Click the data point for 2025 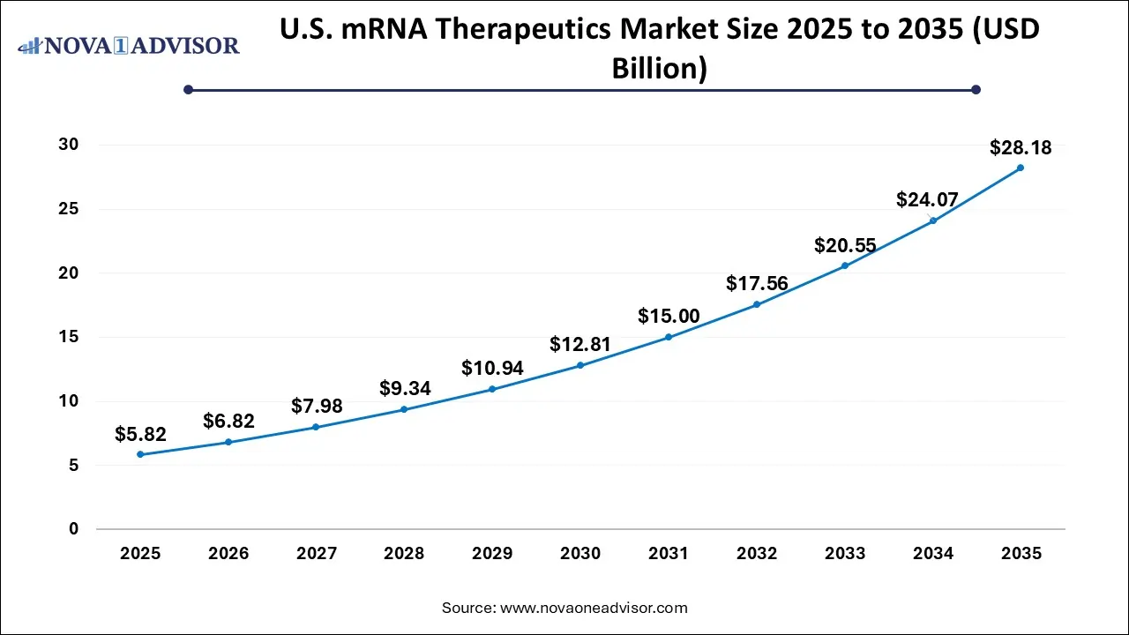click(140, 454)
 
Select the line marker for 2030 click(580, 365)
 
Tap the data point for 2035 click(1021, 168)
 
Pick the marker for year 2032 click(757, 304)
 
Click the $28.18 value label click(1021, 147)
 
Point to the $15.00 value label click(669, 317)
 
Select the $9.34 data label click(404, 388)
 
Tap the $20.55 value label click(845, 245)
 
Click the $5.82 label click(140, 434)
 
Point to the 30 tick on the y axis click(69, 145)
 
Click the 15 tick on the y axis click(69, 337)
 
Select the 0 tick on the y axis click(74, 529)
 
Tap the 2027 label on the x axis click(317, 554)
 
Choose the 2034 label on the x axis click(933, 554)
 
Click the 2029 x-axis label click(492, 554)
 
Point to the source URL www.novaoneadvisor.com click(594, 608)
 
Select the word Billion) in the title click(660, 69)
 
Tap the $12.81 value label click(580, 344)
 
